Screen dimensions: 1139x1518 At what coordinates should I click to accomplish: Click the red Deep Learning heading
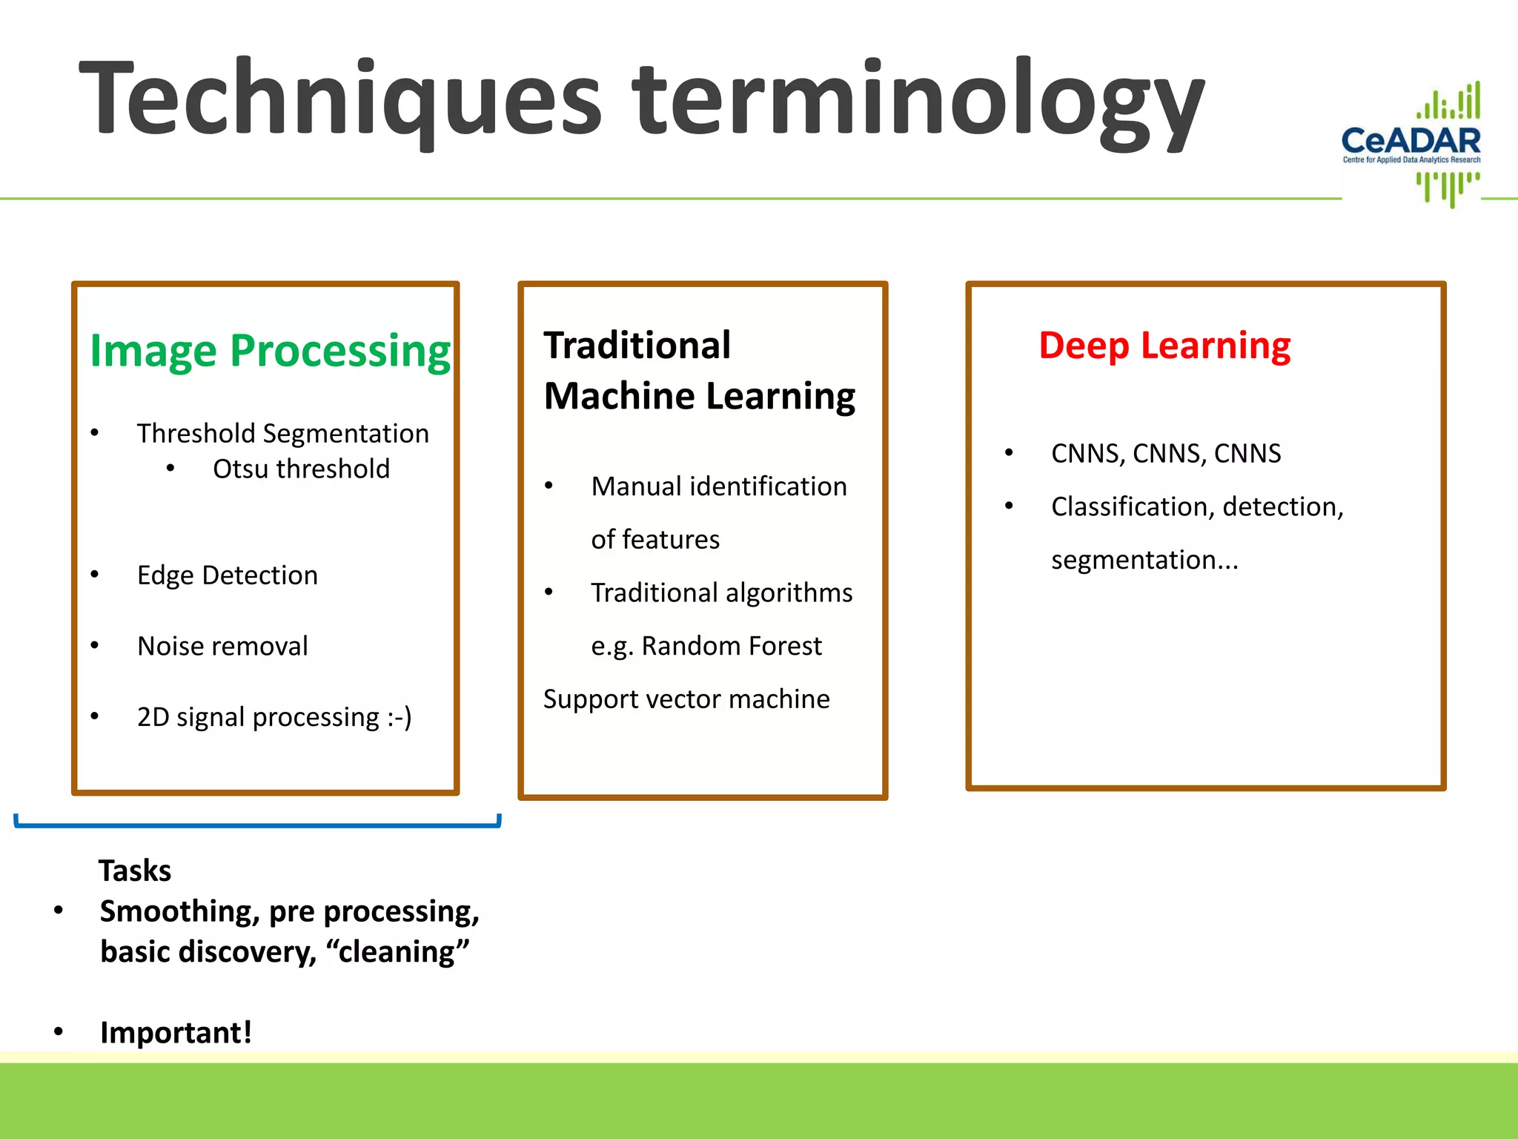pyautogui.click(x=1164, y=346)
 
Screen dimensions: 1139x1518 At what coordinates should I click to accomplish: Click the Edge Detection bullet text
pyautogui.click(x=227, y=575)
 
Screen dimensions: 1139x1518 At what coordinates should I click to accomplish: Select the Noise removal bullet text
pyautogui.click(x=222, y=647)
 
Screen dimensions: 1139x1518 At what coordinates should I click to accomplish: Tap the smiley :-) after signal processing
pyautogui.click(x=400, y=717)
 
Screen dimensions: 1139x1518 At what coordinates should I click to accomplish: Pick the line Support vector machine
pyautogui.click(x=686, y=699)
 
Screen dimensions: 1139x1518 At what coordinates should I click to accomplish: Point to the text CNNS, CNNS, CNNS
pyautogui.click(x=1166, y=453)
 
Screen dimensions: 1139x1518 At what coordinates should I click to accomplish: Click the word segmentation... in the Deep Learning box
pyautogui.click(x=1144, y=560)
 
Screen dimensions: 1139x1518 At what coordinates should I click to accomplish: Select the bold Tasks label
pyautogui.click(x=135, y=871)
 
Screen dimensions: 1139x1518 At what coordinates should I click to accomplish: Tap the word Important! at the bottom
pyautogui.click(x=176, y=1032)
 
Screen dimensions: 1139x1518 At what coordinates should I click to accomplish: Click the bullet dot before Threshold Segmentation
pyautogui.click(x=95, y=433)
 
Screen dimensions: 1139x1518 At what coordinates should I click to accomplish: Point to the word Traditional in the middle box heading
pyautogui.click(x=637, y=346)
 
